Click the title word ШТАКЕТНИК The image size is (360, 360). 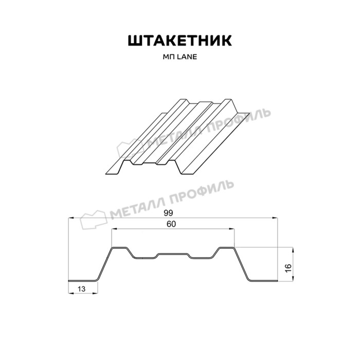tap(179, 41)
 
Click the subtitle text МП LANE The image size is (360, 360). tap(179, 58)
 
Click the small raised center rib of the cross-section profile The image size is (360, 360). tap(173, 254)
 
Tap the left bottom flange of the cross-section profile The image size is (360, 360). tap(82, 281)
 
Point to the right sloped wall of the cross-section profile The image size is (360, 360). tap(241, 264)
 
